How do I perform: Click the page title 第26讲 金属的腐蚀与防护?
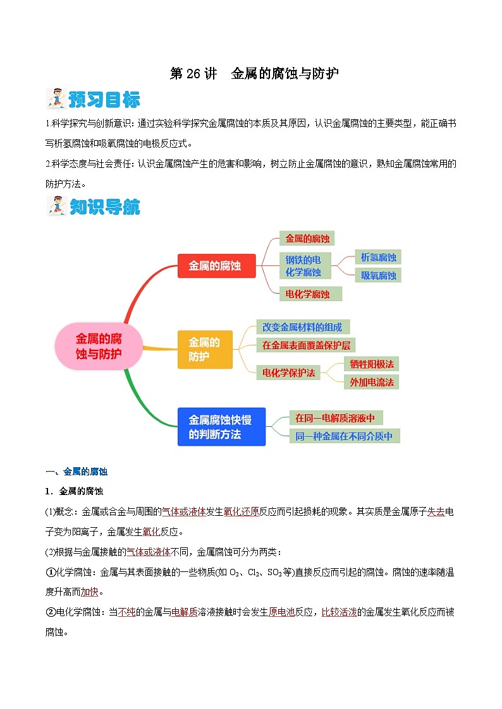point(254,73)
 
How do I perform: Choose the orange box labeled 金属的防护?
point(205,349)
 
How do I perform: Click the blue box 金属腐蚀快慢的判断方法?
point(221,427)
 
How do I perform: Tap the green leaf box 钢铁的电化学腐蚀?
point(303,266)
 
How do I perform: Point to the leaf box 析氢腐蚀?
point(378,257)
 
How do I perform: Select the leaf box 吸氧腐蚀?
point(378,275)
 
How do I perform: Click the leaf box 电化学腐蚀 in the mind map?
point(310,294)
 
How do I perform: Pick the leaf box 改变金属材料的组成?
point(302,327)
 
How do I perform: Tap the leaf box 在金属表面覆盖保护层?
point(306,345)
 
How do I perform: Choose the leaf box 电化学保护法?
point(288,372)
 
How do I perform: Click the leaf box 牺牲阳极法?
point(371,364)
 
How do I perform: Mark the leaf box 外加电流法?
point(371,382)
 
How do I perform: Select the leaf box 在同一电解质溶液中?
point(336,418)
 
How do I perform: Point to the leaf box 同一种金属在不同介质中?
point(345,436)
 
